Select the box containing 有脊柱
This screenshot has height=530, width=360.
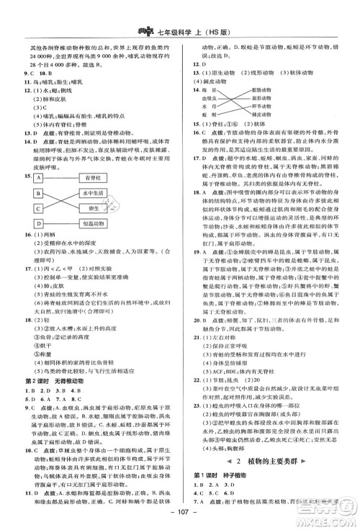click(x=93, y=178)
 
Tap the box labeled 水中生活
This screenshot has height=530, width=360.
click(x=93, y=193)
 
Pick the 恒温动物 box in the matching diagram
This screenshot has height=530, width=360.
click(x=93, y=224)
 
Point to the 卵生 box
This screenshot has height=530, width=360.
click(x=93, y=209)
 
